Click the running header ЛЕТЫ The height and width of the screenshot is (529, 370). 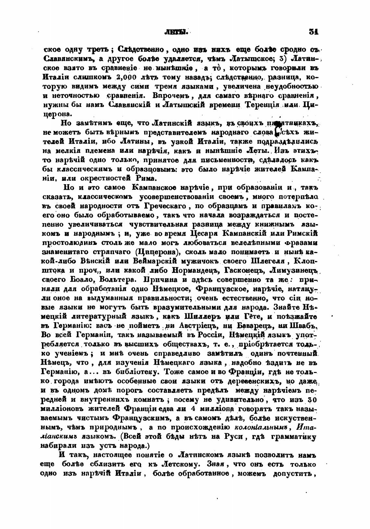point(177,32)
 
